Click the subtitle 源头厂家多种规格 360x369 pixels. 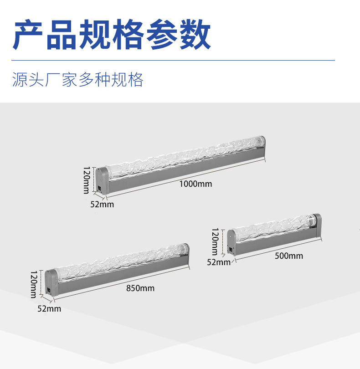77,80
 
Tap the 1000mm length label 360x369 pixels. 195,184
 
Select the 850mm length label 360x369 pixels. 140,288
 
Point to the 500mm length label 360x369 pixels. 289,256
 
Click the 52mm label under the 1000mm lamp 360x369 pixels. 102,204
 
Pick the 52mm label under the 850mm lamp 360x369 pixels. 49,308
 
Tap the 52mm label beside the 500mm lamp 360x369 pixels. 219,262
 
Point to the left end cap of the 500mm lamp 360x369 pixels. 231,241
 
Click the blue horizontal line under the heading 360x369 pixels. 173,60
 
